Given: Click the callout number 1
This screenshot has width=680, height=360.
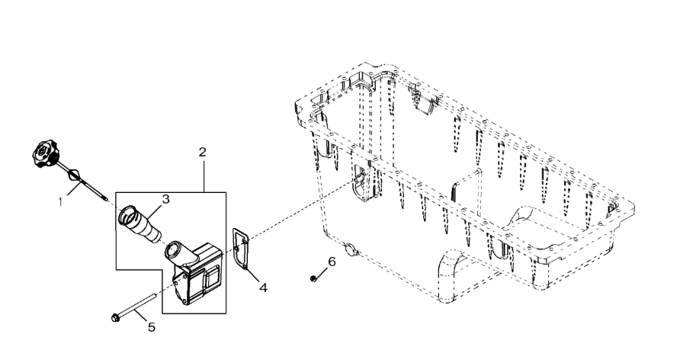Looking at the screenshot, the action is click(x=61, y=201).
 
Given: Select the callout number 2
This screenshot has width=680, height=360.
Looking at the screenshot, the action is click(x=203, y=153).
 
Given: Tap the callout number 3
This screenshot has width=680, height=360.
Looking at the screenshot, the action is click(x=165, y=199).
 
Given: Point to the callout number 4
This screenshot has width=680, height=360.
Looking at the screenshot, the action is click(x=263, y=287).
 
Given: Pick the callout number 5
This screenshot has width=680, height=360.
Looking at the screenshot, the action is click(x=151, y=326).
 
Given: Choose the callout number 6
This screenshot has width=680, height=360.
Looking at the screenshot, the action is click(x=332, y=262).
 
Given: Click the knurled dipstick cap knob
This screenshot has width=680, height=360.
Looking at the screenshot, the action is click(x=45, y=153).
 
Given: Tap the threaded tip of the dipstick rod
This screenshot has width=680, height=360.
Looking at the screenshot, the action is click(x=104, y=199).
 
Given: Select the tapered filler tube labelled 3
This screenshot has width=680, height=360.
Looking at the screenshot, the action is click(x=139, y=223).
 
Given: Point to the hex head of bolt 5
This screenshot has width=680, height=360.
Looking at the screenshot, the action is click(x=115, y=318).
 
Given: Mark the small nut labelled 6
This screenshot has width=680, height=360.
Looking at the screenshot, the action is click(x=313, y=278).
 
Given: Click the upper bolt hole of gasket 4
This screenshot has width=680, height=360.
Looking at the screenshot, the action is click(x=245, y=240).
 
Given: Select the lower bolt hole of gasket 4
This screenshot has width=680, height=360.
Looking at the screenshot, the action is click(x=244, y=265).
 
